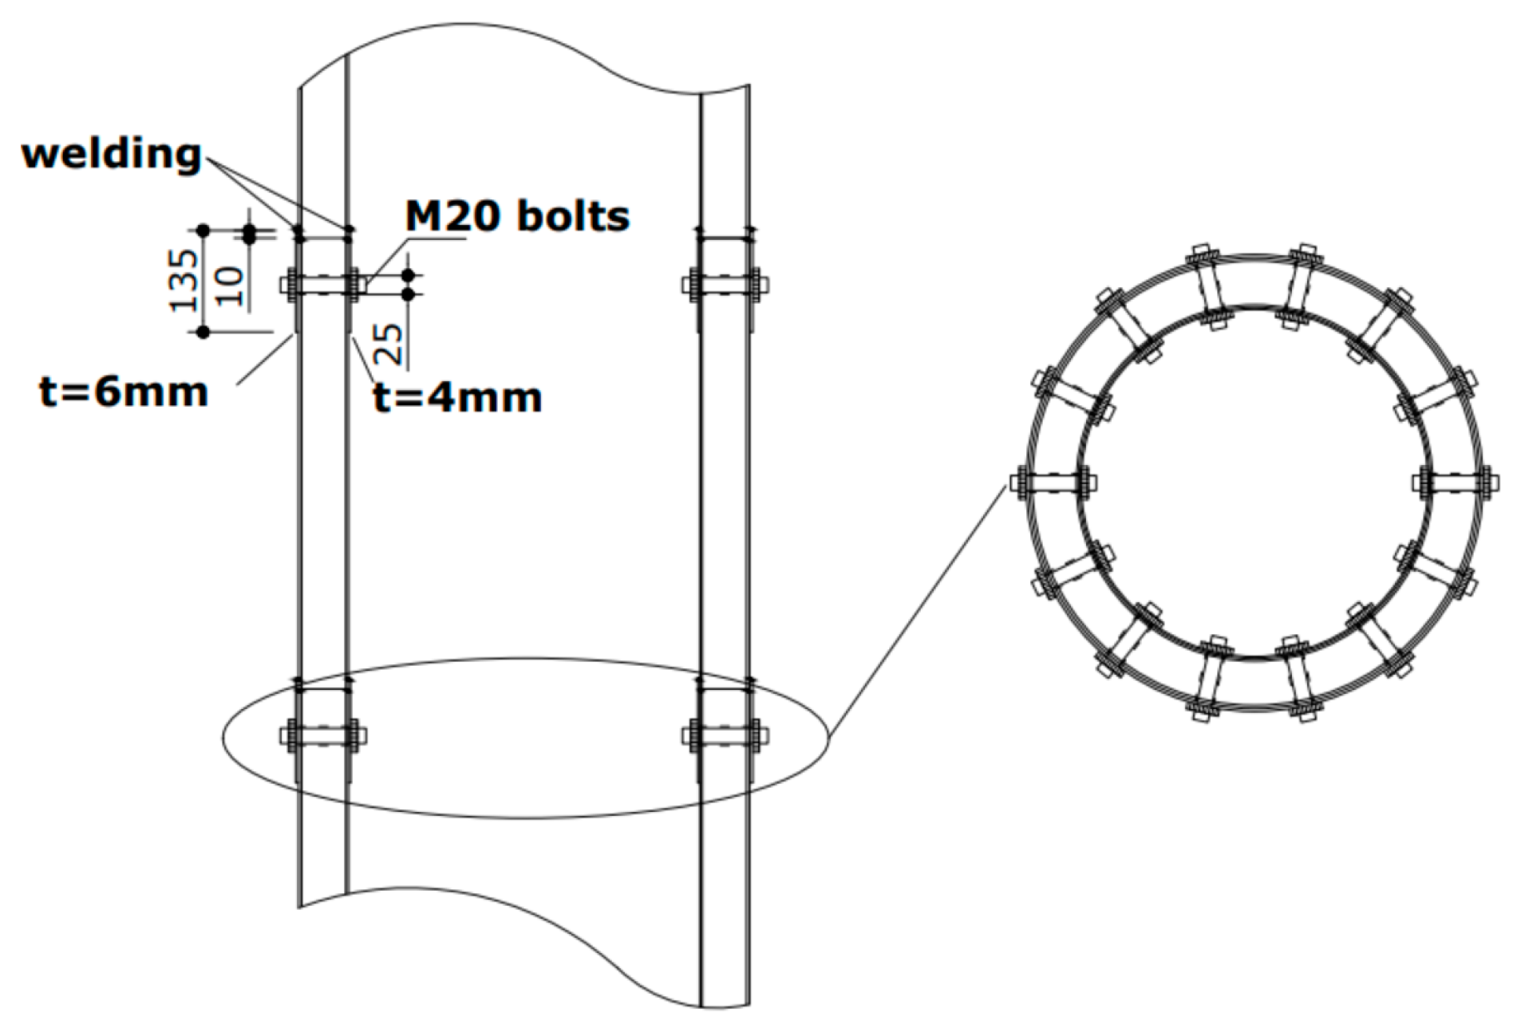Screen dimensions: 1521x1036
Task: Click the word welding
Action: (111, 154)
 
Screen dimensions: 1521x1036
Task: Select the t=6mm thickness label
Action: (124, 392)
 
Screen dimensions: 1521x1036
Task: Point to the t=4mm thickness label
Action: (458, 396)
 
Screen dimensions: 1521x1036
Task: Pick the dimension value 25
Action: (392, 343)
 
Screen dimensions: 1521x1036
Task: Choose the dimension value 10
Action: (230, 286)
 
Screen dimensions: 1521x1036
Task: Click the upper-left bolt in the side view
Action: (323, 284)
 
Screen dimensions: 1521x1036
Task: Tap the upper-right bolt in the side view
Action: (725, 284)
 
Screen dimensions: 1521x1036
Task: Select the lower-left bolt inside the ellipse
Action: (323, 735)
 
